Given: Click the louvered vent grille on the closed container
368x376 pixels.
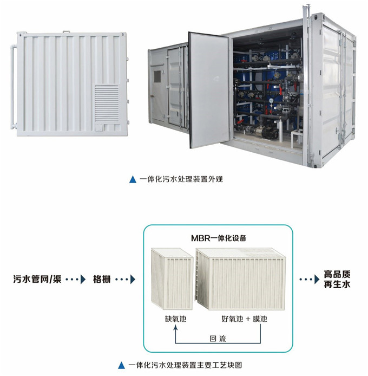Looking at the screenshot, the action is click(107, 104).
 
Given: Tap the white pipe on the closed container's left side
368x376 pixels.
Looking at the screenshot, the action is click(12, 87).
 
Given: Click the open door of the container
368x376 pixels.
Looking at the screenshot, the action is click(209, 89).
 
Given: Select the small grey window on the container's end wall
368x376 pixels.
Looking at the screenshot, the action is click(157, 76).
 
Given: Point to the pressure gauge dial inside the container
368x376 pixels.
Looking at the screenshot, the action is click(271, 101).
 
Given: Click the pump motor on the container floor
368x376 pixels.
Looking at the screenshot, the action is click(266, 132).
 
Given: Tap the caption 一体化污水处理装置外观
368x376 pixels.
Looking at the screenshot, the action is click(181, 179).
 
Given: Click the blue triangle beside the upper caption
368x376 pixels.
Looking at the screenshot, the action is click(133, 180).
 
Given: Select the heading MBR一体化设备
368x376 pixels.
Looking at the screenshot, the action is click(219, 238).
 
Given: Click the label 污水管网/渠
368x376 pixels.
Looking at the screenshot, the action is click(37, 279).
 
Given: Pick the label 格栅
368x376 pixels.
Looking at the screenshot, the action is click(102, 279).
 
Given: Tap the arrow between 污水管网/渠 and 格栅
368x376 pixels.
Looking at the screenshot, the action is click(76, 279).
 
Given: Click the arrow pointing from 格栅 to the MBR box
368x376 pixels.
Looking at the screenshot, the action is click(126, 279).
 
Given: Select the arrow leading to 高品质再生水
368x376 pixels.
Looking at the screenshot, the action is click(310, 279).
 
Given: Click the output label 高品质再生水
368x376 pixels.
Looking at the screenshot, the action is click(337, 279).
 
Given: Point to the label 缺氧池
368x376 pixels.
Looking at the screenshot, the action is click(176, 319).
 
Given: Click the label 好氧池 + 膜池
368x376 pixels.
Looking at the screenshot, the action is click(244, 319).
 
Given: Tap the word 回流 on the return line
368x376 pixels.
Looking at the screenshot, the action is click(218, 339).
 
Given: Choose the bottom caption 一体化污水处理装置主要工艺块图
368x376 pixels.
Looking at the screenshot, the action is click(185, 365).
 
